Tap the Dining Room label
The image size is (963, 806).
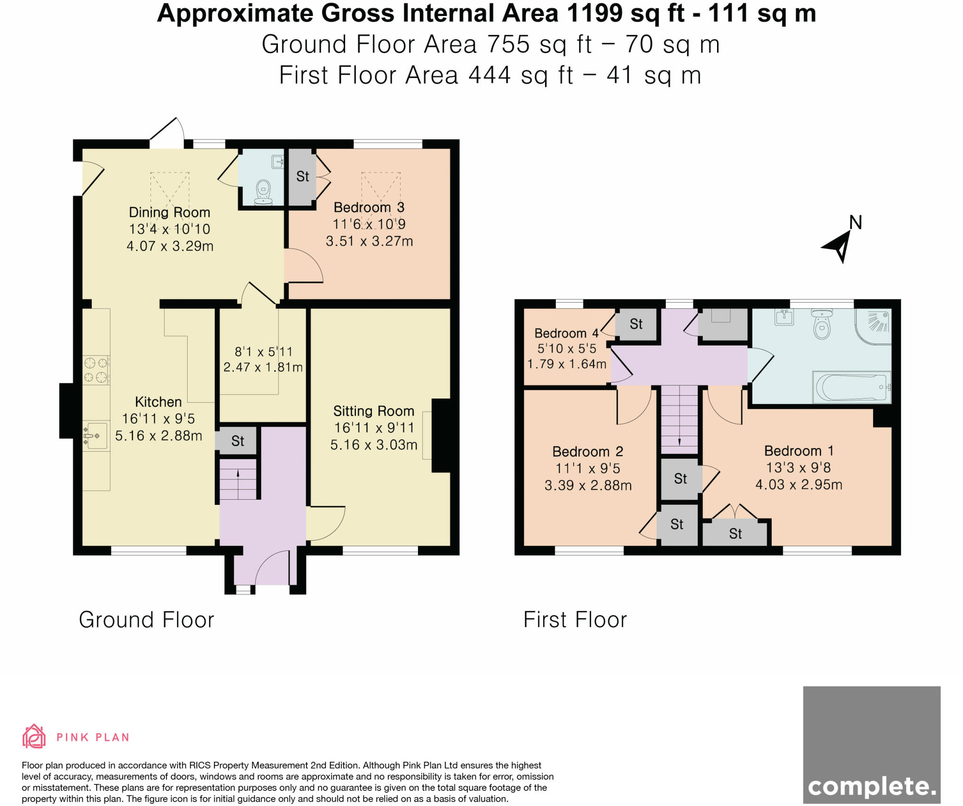(x=169, y=212)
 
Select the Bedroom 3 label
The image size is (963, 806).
(x=369, y=207)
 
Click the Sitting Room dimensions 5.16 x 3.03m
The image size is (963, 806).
(x=373, y=445)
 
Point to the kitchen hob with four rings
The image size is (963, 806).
(x=95, y=370)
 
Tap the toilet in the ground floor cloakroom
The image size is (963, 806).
(x=264, y=192)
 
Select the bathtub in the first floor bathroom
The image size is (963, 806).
(x=851, y=388)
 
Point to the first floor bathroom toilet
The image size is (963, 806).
(x=821, y=324)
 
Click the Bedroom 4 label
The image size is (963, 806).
(x=567, y=333)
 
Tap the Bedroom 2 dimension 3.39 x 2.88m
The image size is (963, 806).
(x=588, y=485)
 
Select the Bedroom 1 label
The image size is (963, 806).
(x=798, y=451)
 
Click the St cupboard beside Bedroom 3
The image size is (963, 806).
(x=302, y=176)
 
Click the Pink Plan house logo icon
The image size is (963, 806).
(x=34, y=736)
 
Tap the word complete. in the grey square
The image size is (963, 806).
(x=871, y=786)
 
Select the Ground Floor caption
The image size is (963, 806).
(x=146, y=619)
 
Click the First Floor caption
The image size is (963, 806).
(x=575, y=619)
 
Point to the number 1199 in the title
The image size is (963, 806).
(x=594, y=13)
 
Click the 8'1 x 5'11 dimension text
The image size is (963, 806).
(x=263, y=351)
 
